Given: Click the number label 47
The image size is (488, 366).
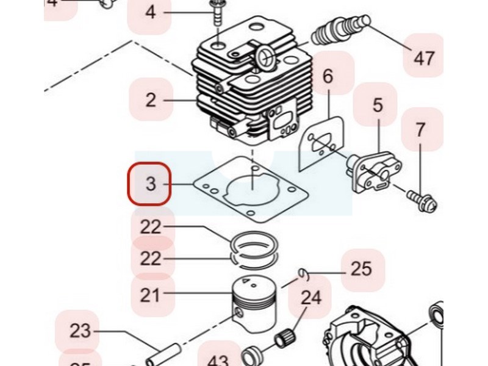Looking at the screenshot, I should tap(424, 58).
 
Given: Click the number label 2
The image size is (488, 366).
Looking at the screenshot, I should tap(151, 100).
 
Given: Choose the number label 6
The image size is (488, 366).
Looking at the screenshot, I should tap(328, 77).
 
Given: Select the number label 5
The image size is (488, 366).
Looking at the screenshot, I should tap(378, 105).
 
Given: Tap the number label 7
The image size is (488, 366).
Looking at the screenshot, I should tap(421, 130).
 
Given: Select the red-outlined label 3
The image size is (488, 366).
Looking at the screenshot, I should tap(149, 182).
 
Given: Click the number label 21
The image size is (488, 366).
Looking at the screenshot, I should tap(150, 296).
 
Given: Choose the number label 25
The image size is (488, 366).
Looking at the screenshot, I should tap(362, 269).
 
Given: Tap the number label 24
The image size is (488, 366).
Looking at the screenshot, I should tap(310, 298).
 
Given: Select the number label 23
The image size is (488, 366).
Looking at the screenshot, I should tap(80, 332).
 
